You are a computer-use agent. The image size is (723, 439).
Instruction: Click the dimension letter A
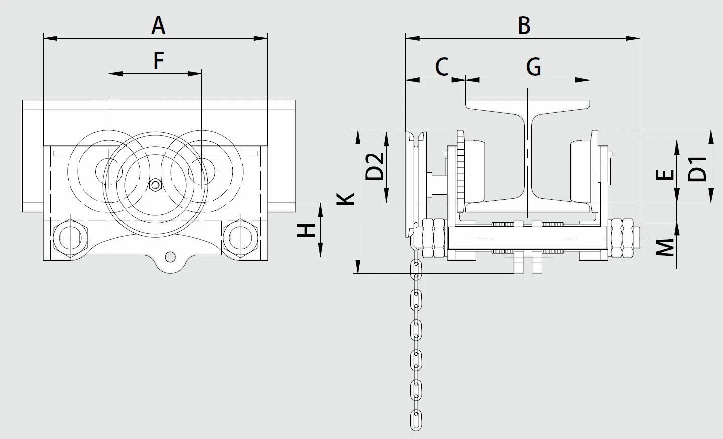158,25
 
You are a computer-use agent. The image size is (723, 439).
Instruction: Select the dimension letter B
524,25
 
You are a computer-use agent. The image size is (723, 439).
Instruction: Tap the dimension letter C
441,66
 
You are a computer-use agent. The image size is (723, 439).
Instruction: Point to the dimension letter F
158,61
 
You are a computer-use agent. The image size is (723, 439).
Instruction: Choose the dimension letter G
533,66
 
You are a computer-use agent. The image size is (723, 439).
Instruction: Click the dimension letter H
306,230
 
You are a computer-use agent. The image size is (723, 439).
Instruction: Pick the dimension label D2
374,166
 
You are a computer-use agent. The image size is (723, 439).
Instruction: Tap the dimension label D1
698,168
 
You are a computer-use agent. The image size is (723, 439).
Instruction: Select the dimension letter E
665,174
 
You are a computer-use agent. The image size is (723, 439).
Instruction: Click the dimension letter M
666,247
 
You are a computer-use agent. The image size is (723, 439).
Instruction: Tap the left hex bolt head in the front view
70,238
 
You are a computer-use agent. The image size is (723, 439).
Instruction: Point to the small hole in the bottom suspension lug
171,256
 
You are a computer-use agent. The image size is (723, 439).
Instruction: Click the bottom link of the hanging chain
416,419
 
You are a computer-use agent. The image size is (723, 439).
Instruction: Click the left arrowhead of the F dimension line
115,74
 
